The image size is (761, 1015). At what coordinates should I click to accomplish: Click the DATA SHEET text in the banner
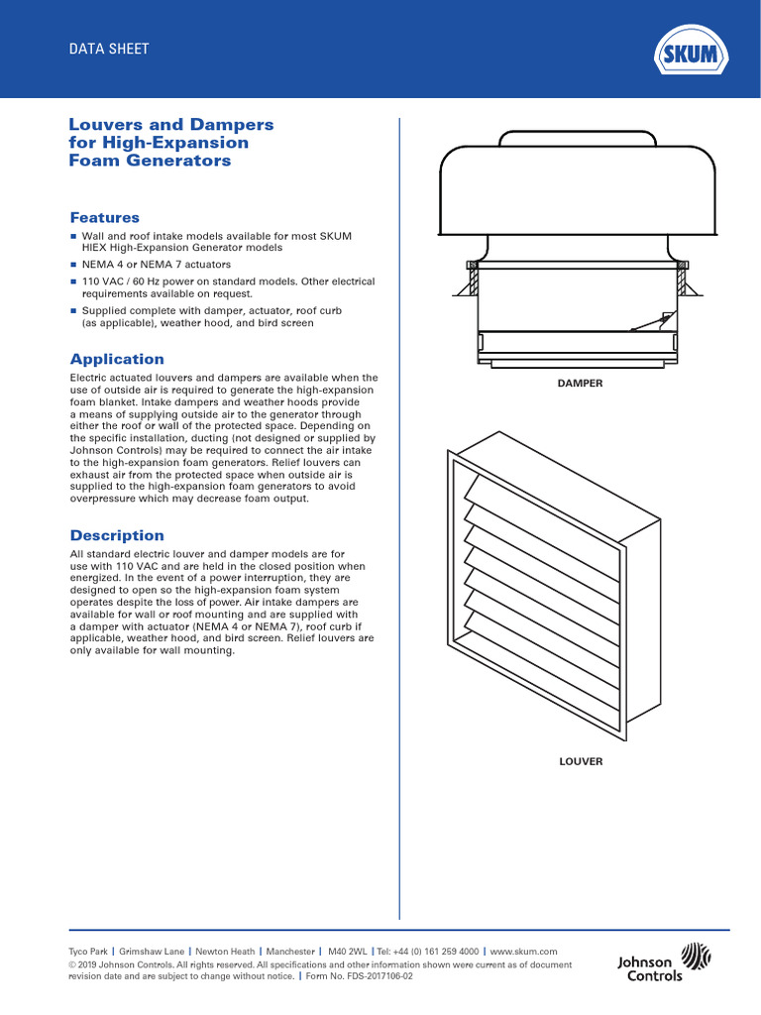108,49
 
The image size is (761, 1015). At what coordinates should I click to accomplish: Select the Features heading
104,217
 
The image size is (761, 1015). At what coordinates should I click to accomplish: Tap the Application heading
117,359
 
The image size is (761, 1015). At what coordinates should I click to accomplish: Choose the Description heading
117,535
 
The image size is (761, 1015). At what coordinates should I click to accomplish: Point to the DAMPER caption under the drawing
580,382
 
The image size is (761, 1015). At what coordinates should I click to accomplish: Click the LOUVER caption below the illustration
581,761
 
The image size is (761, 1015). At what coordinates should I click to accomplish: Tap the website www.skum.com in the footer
524,951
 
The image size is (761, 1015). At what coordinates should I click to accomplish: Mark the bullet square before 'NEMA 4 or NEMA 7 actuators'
73,265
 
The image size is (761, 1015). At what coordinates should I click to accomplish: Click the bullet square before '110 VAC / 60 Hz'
73,282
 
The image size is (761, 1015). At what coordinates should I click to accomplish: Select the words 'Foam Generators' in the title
150,161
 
